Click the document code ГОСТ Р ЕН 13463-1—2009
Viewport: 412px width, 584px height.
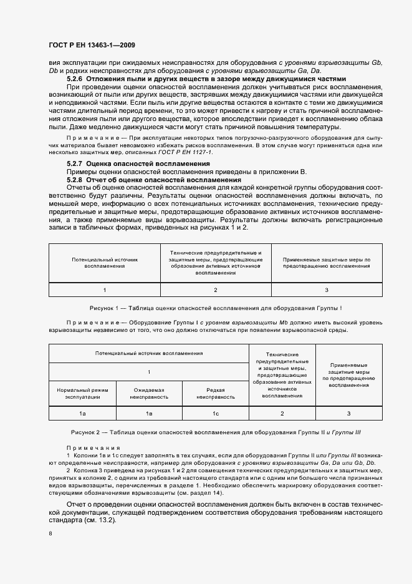click(x=92, y=45)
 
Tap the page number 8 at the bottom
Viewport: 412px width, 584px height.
click(x=50, y=533)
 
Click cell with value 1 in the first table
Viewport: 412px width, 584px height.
click(x=105, y=290)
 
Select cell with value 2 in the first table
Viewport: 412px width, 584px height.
click(x=216, y=290)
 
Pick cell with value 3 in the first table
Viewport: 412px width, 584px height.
click(x=327, y=290)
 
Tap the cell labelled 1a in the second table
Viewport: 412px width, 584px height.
click(x=82, y=414)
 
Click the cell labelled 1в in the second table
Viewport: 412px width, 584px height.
click(x=150, y=414)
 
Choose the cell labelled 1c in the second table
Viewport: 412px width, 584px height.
click(x=216, y=414)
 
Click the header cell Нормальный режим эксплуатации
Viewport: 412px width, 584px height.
click(x=82, y=393)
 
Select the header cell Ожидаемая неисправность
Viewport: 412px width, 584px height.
click(x=150, y=393)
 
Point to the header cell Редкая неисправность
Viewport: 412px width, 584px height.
click(x=216, y=393)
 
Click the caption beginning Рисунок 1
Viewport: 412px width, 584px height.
click(x=216, y=309)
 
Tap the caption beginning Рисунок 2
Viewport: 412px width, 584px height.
click(x=216, y=432)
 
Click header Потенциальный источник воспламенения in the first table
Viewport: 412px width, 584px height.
click(x=105, y=262)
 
